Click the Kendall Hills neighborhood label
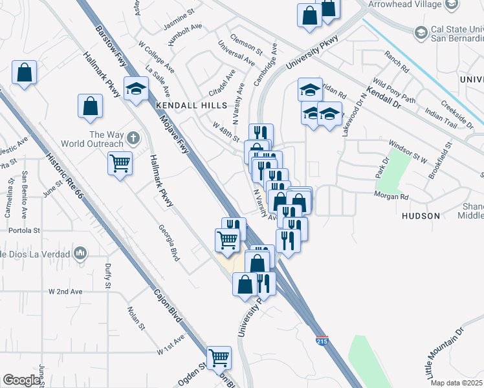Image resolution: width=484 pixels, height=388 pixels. tap(191, 105)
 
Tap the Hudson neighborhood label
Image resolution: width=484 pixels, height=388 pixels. tap(421, 215)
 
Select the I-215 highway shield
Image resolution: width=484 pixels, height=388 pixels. tap(322, 339)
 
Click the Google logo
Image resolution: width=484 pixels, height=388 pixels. tap(21, 380)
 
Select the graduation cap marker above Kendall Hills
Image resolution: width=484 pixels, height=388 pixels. tap(137, 89)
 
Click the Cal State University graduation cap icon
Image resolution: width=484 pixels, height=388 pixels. tap(421, 32)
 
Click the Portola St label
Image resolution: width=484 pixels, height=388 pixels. tap(25, 230)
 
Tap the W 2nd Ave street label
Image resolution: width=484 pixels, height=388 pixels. tap(65, 292)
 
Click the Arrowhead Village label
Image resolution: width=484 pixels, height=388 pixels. tap(402, 5)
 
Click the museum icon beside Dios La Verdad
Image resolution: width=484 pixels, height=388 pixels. tap(81, 253)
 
